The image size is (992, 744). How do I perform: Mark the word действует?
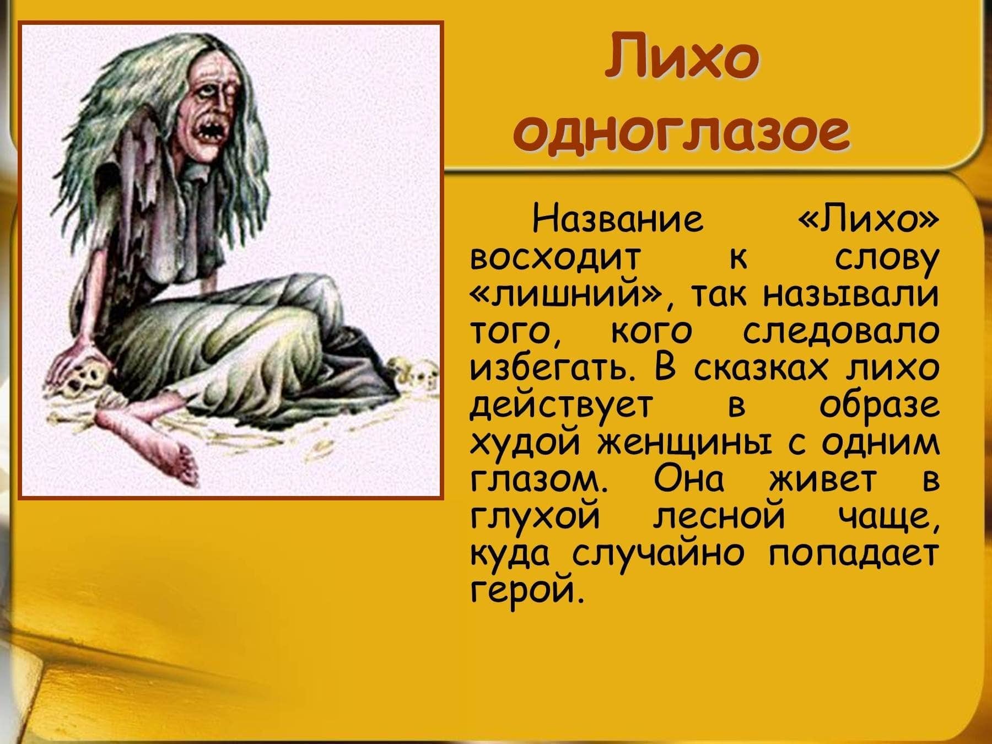point(562,407)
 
